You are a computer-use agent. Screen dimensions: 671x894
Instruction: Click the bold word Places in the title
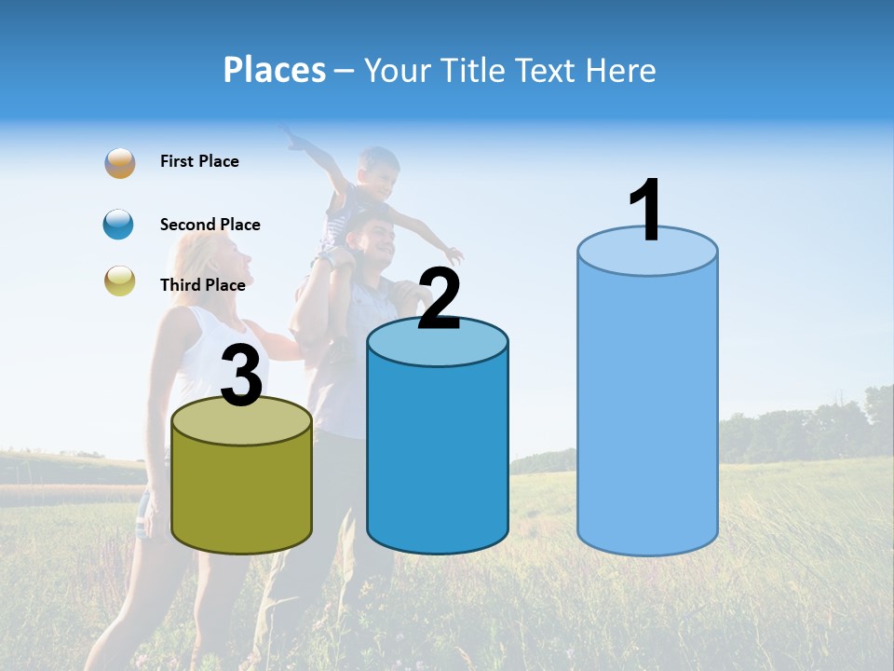274,70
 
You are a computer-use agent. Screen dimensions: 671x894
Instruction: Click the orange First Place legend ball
120,163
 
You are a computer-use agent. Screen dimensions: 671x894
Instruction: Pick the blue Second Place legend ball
120,225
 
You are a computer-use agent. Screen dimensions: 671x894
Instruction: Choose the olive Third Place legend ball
120,281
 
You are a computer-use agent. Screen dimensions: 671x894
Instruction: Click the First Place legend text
199,161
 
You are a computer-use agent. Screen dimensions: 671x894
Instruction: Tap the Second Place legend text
210,225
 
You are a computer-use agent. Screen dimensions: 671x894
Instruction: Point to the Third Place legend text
203,285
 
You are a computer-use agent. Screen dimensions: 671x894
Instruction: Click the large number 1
646,212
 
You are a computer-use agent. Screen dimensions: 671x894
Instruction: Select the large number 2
439,299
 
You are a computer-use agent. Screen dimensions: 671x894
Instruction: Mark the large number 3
241,377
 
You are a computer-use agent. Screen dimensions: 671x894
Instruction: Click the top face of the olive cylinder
242,421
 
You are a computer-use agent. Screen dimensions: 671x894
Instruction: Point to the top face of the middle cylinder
438,344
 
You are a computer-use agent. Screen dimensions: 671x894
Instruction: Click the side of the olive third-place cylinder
242,494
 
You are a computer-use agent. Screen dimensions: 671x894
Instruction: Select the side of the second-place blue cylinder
438,457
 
